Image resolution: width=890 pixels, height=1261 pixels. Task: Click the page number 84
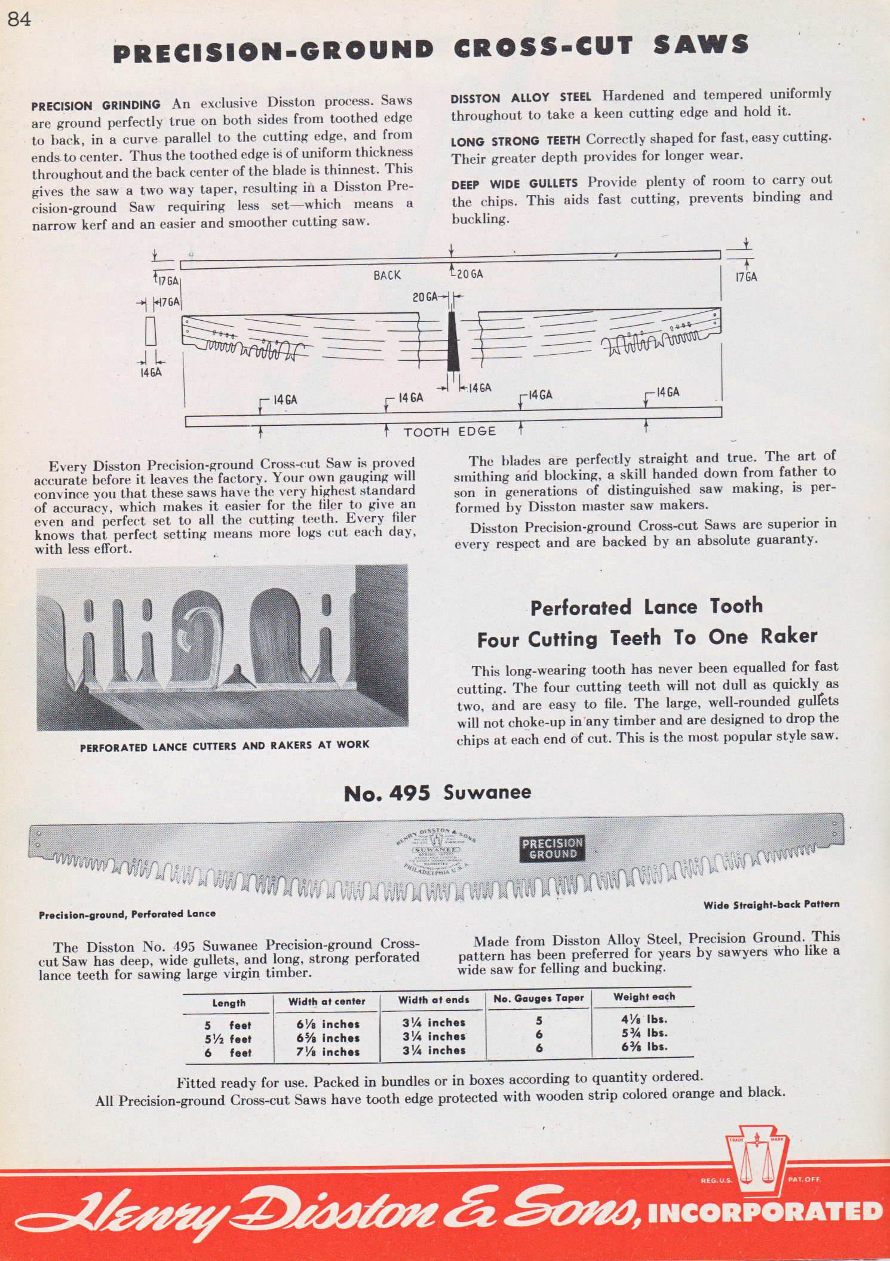tap(19, 20)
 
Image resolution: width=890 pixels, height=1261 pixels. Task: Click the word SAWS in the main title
tap(701, 45)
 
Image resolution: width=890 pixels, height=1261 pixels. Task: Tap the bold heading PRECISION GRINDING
tap(96, 106)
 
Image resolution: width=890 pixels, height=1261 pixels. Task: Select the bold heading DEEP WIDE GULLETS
tap(514, 183)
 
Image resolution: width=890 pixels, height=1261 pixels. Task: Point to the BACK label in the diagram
tap(387, 275)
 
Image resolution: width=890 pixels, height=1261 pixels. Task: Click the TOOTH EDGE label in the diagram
tap(450, 431)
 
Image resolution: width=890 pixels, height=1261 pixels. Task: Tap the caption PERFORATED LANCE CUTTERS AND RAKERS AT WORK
tap(225, 745)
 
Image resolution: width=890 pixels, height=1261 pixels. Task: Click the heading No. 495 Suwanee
tap(438, 793)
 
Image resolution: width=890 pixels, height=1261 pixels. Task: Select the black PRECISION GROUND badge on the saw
tap(553, 848)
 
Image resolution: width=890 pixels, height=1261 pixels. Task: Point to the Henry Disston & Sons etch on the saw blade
tap(435, 852)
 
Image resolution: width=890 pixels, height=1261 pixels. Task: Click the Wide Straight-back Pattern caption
tap(771, 904)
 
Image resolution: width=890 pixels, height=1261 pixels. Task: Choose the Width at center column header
tap(327, 1001)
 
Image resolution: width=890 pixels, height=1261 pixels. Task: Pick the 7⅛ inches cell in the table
tap(328, 1052)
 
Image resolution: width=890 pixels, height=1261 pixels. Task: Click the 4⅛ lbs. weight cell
tap(644, 1020)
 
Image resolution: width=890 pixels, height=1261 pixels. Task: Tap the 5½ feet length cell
tap(228, 1039)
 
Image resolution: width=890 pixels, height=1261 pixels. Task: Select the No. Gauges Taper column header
tap(539, 998)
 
